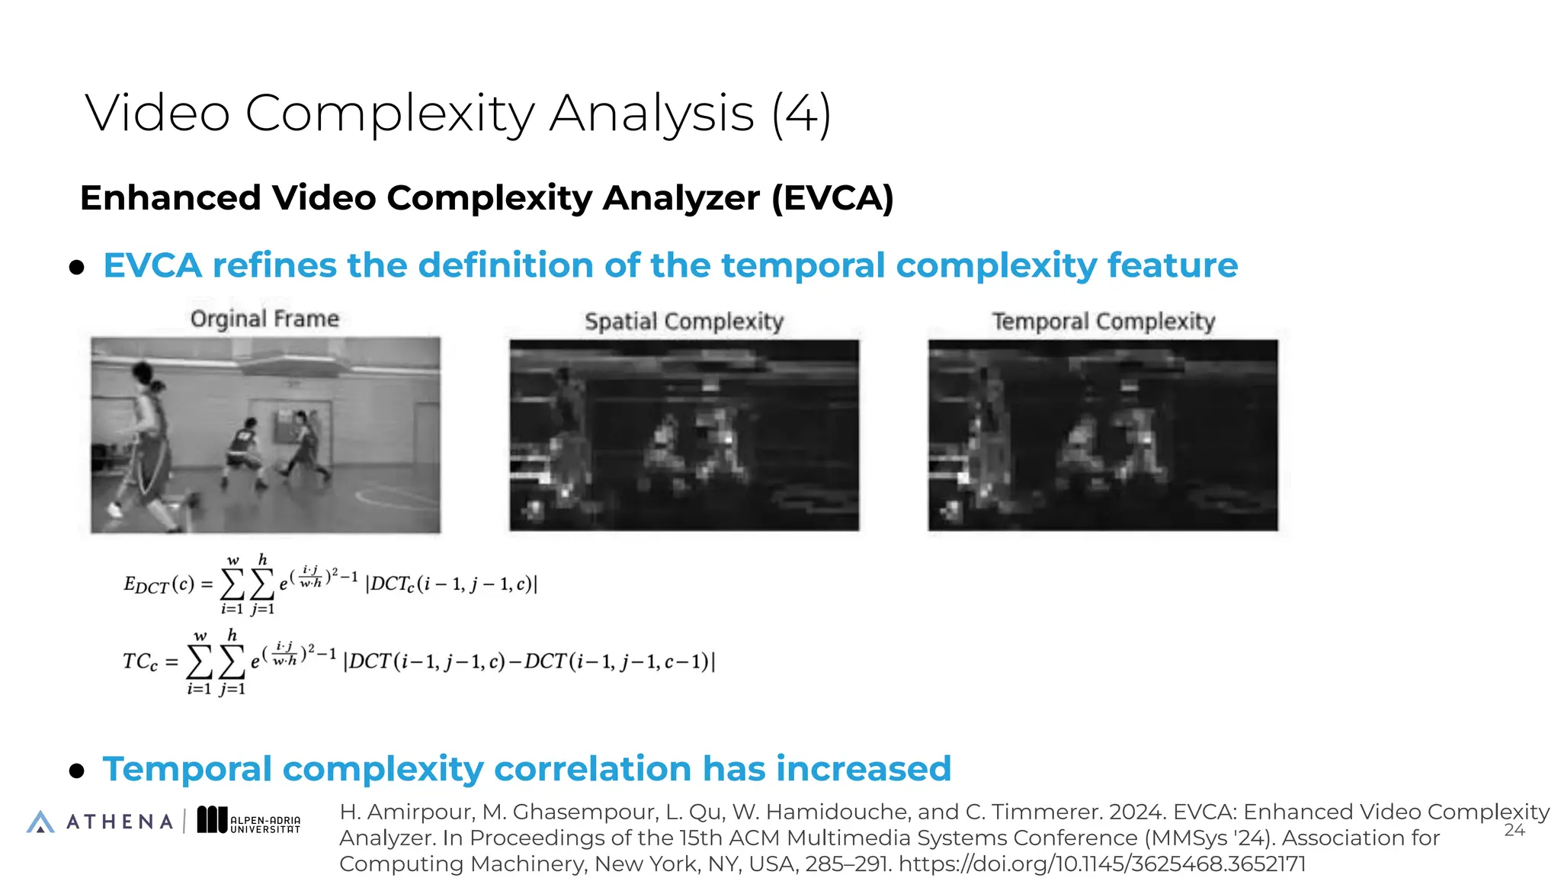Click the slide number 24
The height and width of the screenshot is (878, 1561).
click(1514, 830)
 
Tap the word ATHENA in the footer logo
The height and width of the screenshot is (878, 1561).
click(120, 822)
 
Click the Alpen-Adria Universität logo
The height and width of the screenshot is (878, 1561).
click(249, 821)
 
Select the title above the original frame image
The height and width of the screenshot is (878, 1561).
click(264, 319)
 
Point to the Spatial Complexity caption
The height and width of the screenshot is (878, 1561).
click(684, 322)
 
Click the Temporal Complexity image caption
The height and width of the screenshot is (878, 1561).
click(1103, 322)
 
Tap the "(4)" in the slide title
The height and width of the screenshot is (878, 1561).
click(800, 114)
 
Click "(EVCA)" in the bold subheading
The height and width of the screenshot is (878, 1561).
click(832, 198)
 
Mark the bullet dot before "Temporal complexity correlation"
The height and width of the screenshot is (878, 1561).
click(76, 771)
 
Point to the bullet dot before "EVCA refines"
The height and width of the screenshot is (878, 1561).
click(76, 268)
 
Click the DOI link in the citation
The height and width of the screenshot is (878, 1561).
click(1102, 864)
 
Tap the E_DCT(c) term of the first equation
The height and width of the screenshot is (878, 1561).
click(159, 585)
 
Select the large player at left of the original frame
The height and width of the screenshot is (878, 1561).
click(149, 442)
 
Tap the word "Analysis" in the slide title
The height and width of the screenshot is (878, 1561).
click(652, 114)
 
